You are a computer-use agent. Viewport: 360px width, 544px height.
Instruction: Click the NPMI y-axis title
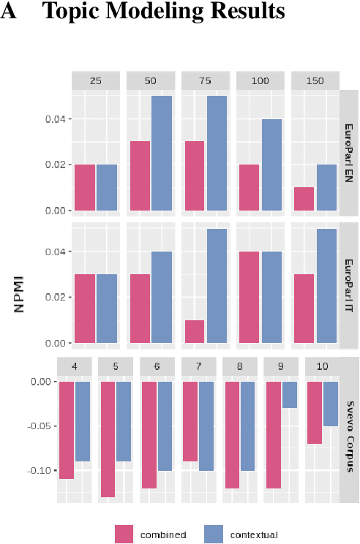[20, 292]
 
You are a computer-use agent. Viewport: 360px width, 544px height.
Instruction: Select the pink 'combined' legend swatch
[124, 534]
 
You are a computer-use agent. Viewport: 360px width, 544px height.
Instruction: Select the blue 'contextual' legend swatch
[213, 534]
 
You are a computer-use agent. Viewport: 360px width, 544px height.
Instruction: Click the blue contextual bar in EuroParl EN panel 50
[162, 153]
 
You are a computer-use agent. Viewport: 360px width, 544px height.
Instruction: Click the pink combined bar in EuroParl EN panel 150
[304, 199]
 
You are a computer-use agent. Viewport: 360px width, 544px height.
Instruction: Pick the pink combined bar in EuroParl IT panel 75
[195, 331]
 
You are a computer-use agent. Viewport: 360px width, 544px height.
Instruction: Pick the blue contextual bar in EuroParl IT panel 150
[326, 286]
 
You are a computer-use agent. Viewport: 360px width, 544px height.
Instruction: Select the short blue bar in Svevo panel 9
[289, 394]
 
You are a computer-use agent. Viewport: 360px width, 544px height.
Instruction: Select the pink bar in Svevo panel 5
[108, 439]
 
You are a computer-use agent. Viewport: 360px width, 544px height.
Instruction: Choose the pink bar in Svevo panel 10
[314, 412]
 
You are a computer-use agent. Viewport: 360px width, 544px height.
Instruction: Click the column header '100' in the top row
[260, 81]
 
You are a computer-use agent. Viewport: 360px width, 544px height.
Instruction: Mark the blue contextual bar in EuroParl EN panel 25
[107, 187]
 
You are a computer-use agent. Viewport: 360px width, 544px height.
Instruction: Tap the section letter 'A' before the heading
[10, 12]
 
